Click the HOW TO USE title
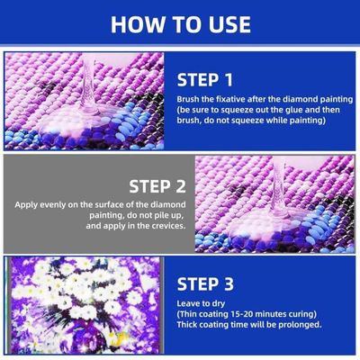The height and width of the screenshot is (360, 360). pyautogui.click(x=181, y=24)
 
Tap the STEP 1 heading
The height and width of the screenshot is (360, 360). pyautogui.click(x=205, y=80)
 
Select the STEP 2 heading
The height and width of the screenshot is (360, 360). pyautogui.click(x=157, y=186)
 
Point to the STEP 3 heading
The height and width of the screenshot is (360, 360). pyautogui.click(x=205, y=284)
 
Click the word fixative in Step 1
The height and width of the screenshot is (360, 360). pyautogui.click(x=229, y=99)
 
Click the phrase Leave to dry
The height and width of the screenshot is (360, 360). pyautogui.click(x=201, y=303)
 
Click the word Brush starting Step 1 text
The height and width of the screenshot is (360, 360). pyautogui.click(x=186, y=99)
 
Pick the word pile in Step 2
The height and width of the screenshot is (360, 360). pyautogui.click(x=157, y=216)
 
